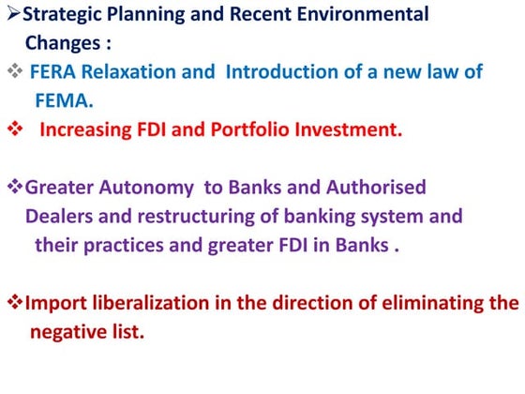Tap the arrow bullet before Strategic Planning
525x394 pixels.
pos(12,15)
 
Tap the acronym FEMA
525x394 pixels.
pos(62,100)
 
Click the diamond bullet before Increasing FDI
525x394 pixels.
pos(13,129)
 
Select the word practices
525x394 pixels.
pos(120,245)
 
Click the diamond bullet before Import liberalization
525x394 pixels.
pos(13,303)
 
